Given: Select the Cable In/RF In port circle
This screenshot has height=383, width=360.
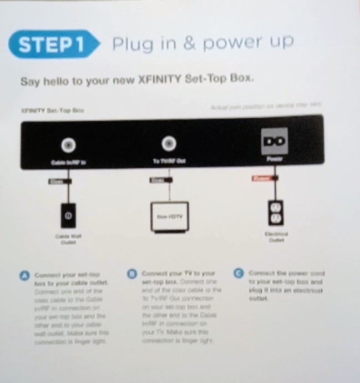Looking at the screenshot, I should point(68,145).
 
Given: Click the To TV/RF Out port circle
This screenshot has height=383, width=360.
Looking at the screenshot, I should point(168,145).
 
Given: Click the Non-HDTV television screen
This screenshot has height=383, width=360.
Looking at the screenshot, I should point(169,216).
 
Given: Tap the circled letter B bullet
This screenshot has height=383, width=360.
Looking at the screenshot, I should point(132,274).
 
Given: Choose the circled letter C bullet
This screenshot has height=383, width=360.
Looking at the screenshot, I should point(239,273).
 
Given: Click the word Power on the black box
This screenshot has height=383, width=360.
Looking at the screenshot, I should point(273,159).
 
